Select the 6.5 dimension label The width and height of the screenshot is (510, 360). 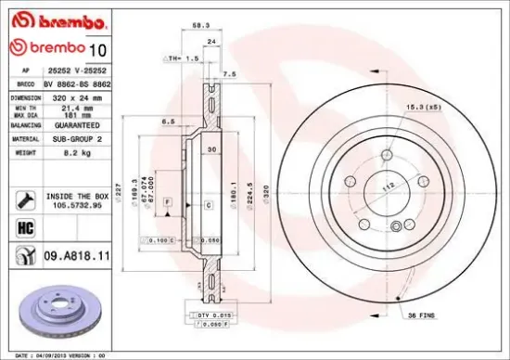170,121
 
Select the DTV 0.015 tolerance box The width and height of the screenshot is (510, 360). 212,317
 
